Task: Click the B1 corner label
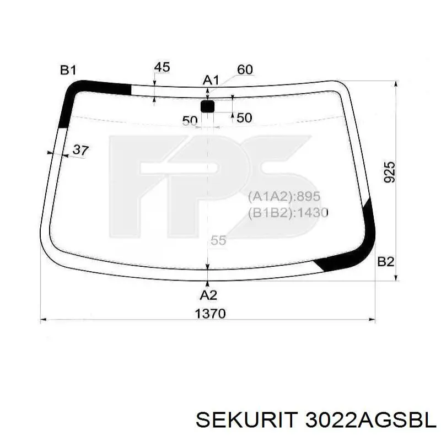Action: coord(68,70)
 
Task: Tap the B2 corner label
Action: coord(385,262)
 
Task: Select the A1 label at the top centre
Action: coord(211,80)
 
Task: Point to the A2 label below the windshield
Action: coord(208,295)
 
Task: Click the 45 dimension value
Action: coord(162,67)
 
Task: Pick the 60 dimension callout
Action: coord(245,69)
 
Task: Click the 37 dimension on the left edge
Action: coord(80,150)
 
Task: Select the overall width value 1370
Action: coord(211,314)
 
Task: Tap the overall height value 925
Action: coord(390,172)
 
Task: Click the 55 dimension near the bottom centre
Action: coord(218,240)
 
